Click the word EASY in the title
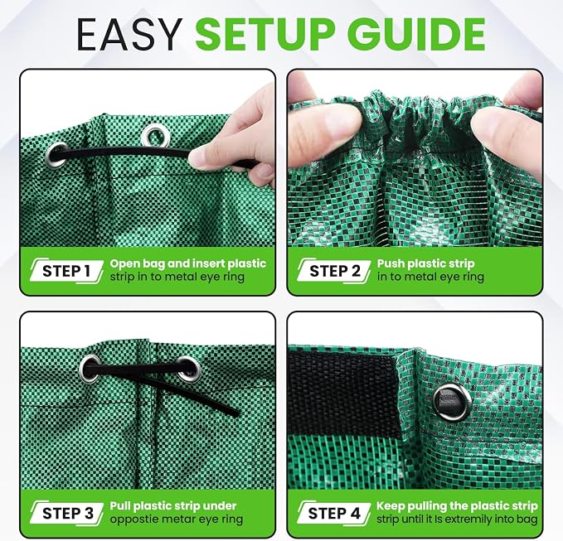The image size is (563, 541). [129, 34]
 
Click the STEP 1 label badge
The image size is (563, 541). [66, 271]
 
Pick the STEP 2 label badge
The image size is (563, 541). [334, 271]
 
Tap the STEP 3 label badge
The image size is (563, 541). [67, 514]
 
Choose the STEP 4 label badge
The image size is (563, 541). [334, 514]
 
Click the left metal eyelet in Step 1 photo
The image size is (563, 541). [56, 155]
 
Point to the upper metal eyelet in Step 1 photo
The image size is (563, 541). [156, 136]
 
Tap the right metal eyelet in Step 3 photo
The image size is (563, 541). [188, 370]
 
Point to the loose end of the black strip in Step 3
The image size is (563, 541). [236, 413]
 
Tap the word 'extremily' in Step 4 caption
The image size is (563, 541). [468, 519]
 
